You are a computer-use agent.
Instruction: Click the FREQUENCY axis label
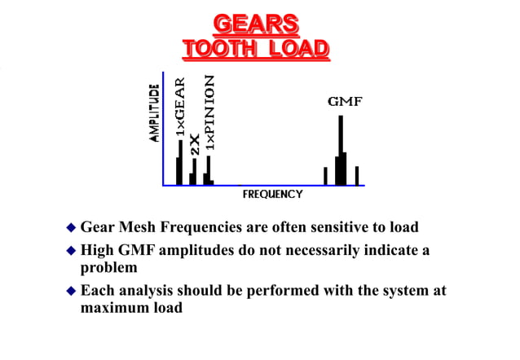click(x=272, y=195)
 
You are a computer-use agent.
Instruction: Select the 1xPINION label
click(x=209, y=112)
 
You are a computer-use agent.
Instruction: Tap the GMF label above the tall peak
click(x=345, y=103)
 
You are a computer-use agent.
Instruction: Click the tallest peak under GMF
click(x=340, y=151)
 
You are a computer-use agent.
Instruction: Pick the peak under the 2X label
click(x=193, y=173)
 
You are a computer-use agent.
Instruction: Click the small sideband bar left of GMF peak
click(x=325, y=176)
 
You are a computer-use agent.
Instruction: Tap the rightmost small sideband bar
click(x=356, y=176)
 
